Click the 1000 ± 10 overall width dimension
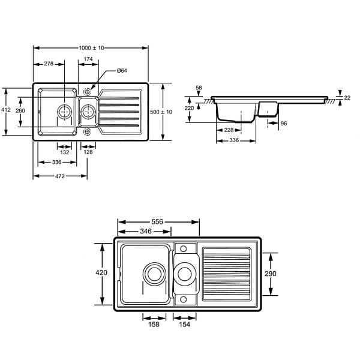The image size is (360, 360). pos(91,48)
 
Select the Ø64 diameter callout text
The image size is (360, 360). pos(122,70)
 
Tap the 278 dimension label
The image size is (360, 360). pos(49,64)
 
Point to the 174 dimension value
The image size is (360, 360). pos(88,59)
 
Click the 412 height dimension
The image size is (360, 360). pos(6,110)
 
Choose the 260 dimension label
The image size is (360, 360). pos(20,110)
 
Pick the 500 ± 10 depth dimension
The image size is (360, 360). pos(161,112)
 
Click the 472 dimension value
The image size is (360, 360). pos(59,176)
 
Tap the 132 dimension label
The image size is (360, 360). pos(65,152)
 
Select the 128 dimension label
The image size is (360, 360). pos(88,152)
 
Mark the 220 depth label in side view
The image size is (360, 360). pos(189,108)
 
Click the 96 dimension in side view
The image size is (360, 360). pos(284,124)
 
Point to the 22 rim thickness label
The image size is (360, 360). pos(347,98)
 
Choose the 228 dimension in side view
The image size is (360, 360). pos(229,130)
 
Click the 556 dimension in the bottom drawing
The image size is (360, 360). pos(157,222)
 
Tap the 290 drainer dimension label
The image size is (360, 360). pos(271,274)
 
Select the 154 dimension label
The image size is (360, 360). pos(185,324)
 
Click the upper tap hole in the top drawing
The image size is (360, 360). pos(87,92)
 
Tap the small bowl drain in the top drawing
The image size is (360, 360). pos(88,112)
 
